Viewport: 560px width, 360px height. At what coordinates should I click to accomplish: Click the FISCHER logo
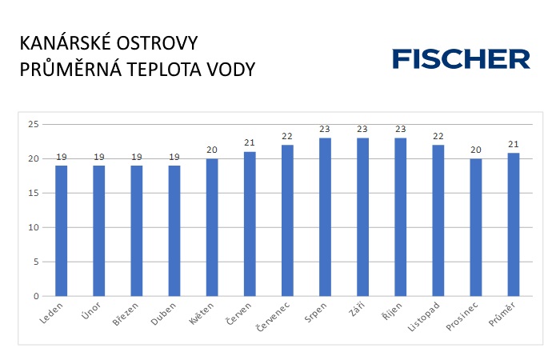461,59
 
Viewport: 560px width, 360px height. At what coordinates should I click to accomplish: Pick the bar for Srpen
325,217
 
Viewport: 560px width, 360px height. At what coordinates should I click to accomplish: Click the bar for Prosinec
476,227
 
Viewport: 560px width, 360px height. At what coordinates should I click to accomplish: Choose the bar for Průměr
514,225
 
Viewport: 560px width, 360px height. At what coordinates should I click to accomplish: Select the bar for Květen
212,227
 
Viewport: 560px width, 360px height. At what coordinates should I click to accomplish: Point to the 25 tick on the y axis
33,125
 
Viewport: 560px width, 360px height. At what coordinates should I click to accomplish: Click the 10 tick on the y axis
33,227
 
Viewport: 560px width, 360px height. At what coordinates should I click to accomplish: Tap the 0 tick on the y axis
35,296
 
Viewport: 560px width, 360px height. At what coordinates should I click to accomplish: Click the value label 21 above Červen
250,143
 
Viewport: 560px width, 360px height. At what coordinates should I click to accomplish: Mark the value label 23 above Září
362,130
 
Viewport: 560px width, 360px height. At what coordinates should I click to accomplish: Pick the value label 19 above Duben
174,157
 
